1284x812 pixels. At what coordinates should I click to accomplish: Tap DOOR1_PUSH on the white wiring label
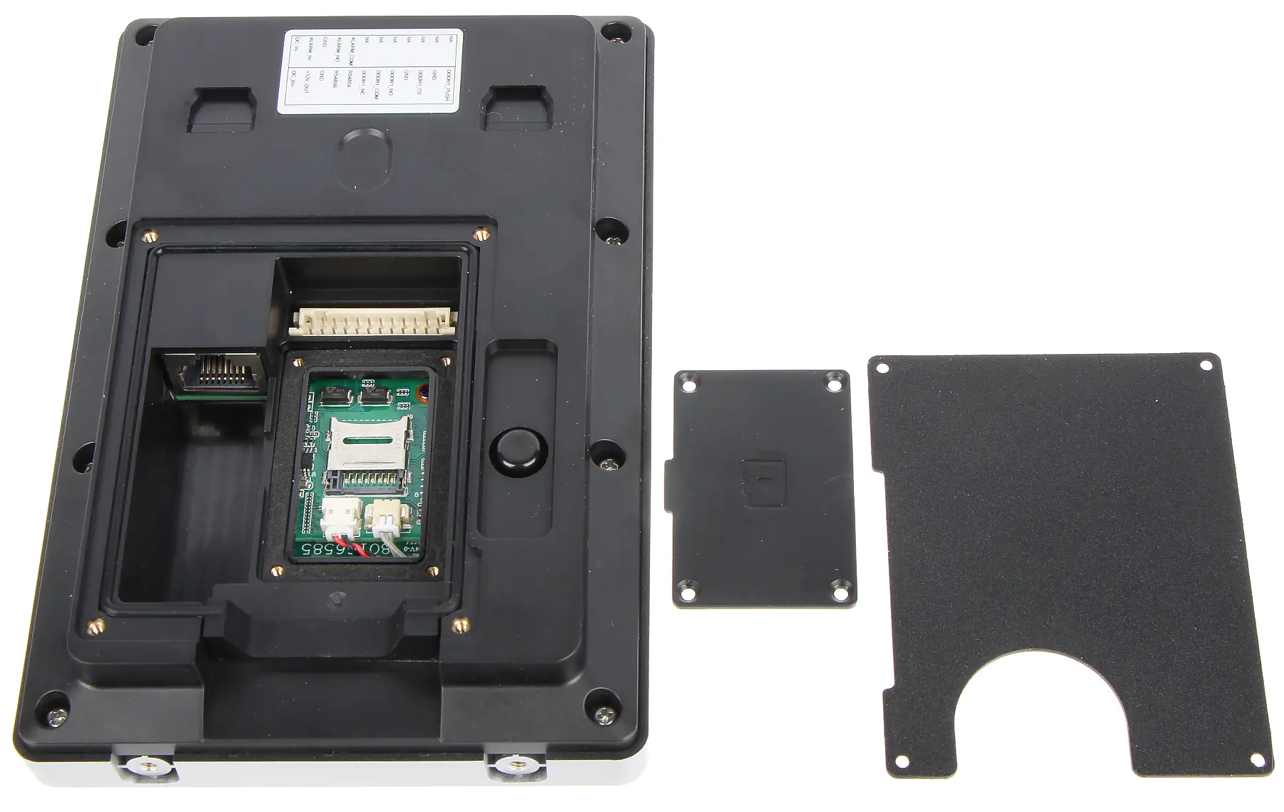448,85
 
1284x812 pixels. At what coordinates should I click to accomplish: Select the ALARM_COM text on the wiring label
352,51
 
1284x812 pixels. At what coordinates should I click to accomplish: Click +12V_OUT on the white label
307,82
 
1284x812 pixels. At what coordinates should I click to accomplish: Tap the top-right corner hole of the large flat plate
1205,365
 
